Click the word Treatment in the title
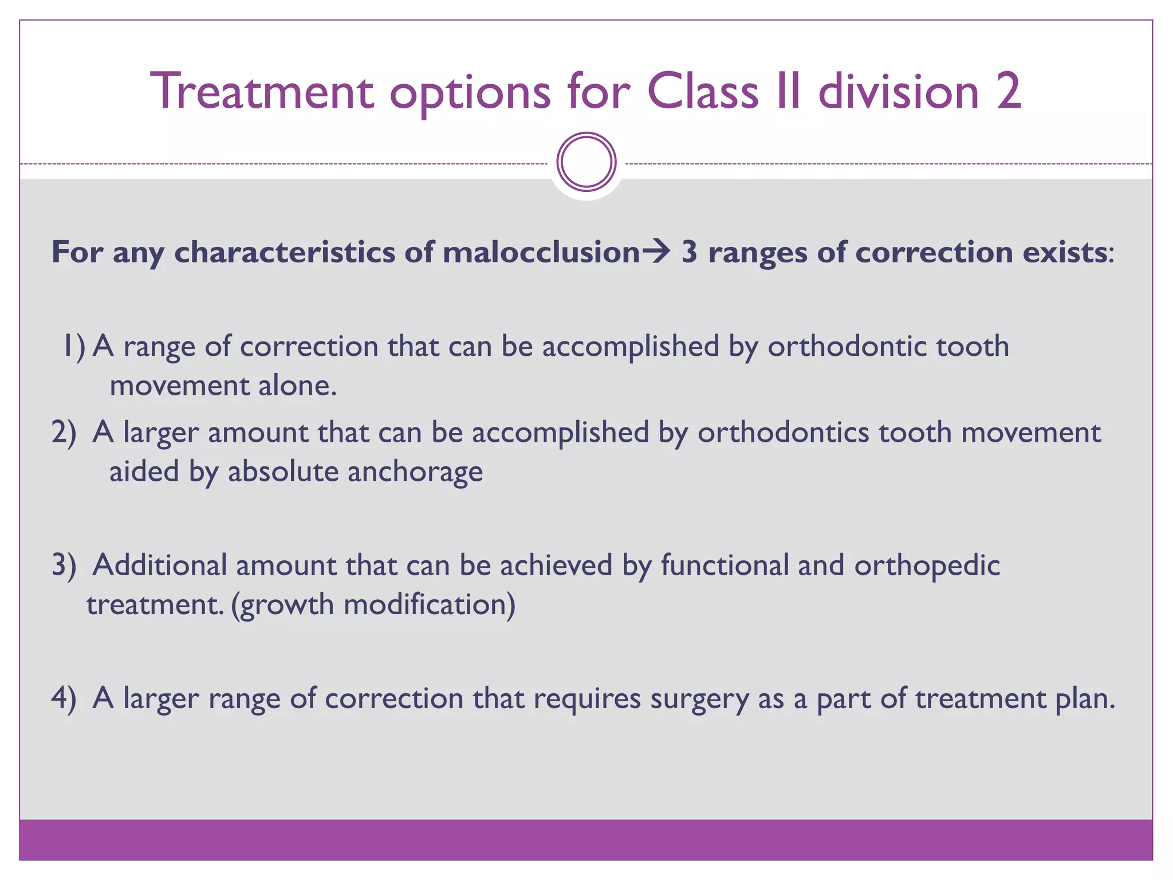(262, 92)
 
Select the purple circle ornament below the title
(586, 162)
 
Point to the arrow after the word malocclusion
(656, 252)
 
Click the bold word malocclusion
(541, 252)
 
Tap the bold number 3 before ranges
(690, 252)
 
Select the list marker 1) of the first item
(73, 347)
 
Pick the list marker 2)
(64, 433)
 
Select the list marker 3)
(64, 565)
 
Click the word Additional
(160, 565)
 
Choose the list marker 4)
(64, 698)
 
